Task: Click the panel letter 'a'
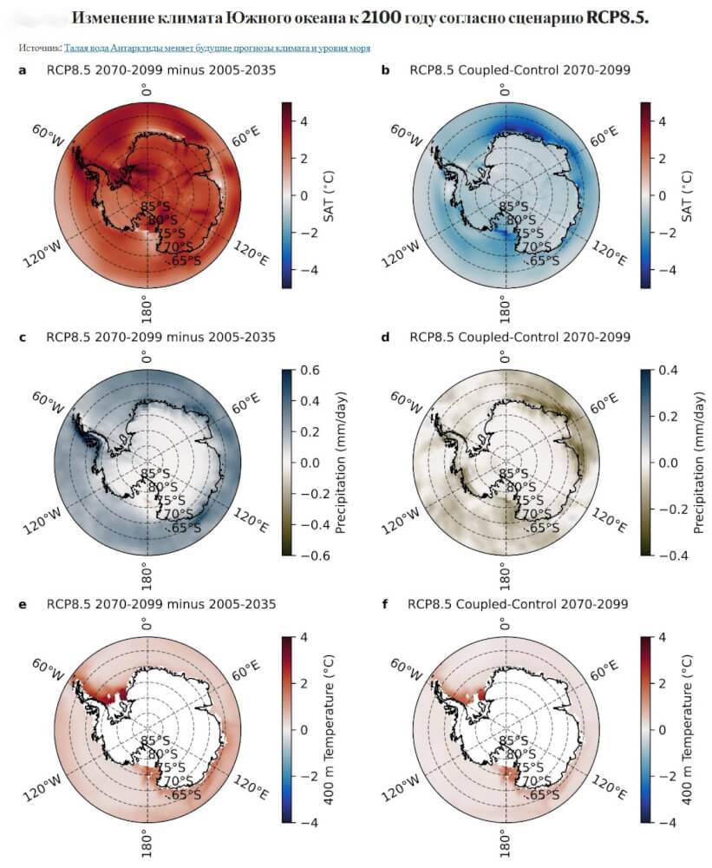coord(23,69)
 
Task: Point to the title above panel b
coord(519,69)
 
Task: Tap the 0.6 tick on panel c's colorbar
coord(310,370)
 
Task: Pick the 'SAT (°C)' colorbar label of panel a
coord(330,194)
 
